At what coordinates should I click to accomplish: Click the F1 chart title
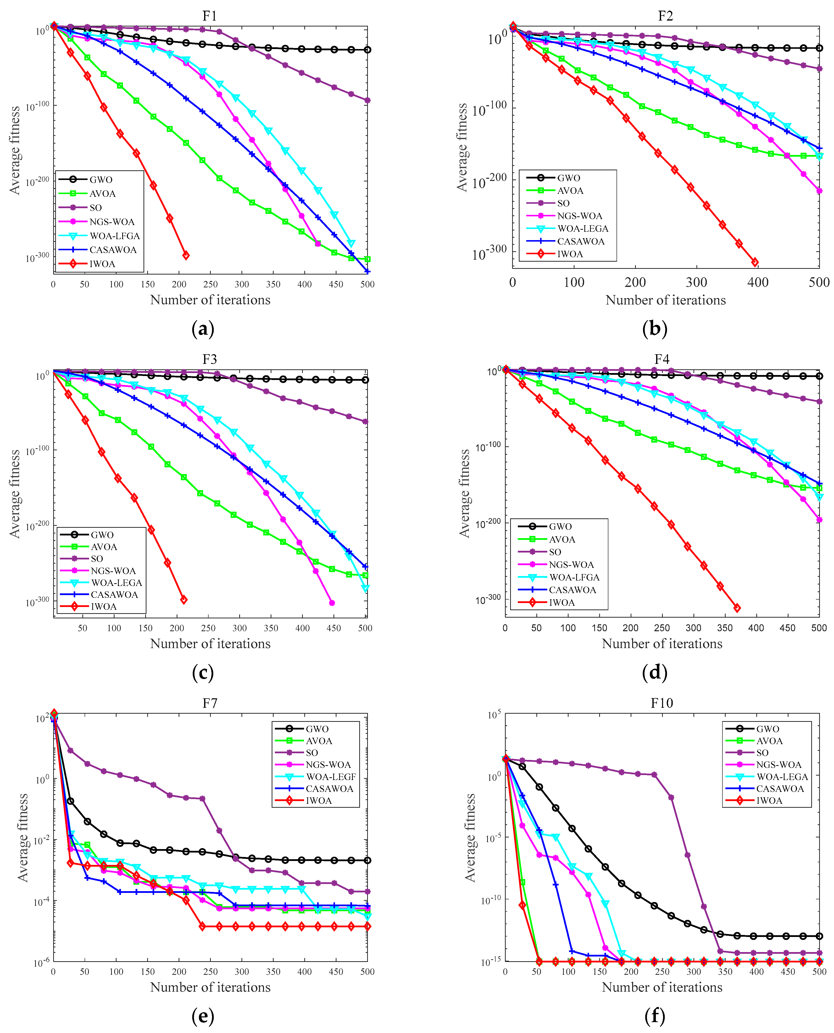[x=210, y=16]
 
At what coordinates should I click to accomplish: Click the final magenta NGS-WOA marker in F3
[x=332, y=603]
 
